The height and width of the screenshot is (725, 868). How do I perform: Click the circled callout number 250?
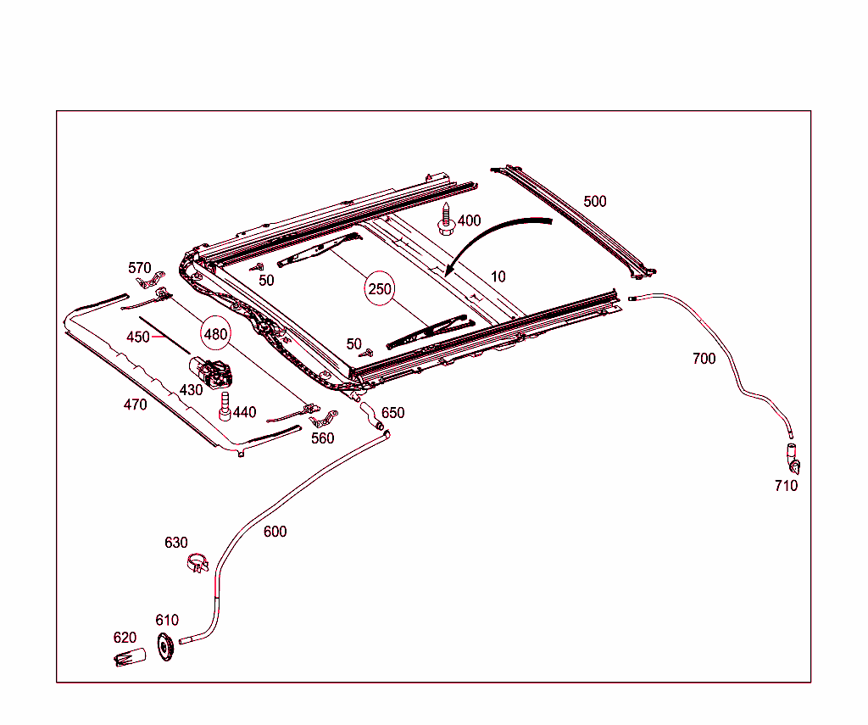coord(380,289)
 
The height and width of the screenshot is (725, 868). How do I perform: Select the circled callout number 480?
coord(215,334)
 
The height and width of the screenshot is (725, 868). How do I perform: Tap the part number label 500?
coord(595,201)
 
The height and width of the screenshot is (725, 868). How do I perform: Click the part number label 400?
coord(469,220)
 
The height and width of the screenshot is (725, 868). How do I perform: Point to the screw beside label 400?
coord(446,219)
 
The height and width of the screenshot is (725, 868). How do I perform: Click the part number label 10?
coord(498,276)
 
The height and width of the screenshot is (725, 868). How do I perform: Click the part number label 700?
coord(704,359)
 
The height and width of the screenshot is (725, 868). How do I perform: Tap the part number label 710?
coord(786,486)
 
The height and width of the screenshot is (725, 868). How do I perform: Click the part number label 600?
coord(275,532)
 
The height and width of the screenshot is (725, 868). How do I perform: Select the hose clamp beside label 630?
coord(198,562)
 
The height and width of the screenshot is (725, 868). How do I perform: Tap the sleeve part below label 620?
coord(130,657)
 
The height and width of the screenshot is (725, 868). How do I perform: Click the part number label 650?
coord(392,413)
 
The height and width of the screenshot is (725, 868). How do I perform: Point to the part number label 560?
coord(322,438)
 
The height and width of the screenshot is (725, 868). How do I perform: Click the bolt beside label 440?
coord(225,406)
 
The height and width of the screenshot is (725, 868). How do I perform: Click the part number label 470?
coord(135,404)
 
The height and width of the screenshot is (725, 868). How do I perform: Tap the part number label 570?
coord(140,269)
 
